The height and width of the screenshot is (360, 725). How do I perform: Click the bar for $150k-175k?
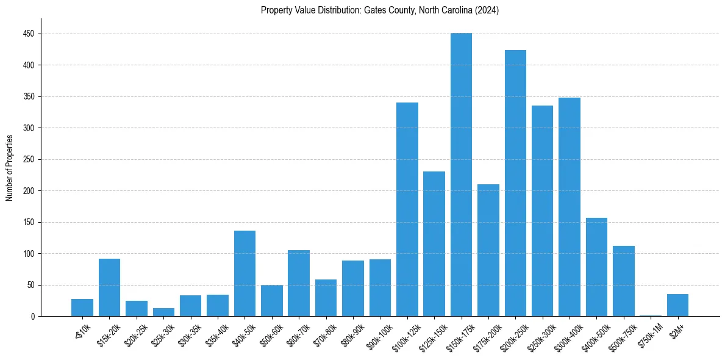pos(461,175)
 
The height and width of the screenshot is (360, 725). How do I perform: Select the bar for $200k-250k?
pos(515,183)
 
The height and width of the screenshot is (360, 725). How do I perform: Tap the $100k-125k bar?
pos(407,209)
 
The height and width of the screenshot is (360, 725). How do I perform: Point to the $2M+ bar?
pos(677,305)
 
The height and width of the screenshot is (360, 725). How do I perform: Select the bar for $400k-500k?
pos(596,267)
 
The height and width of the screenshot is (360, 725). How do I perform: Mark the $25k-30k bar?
pos(163,312)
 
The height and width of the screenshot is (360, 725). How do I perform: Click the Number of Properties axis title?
pos(10,168)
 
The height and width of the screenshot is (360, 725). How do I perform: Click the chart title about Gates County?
pos(380,10)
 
